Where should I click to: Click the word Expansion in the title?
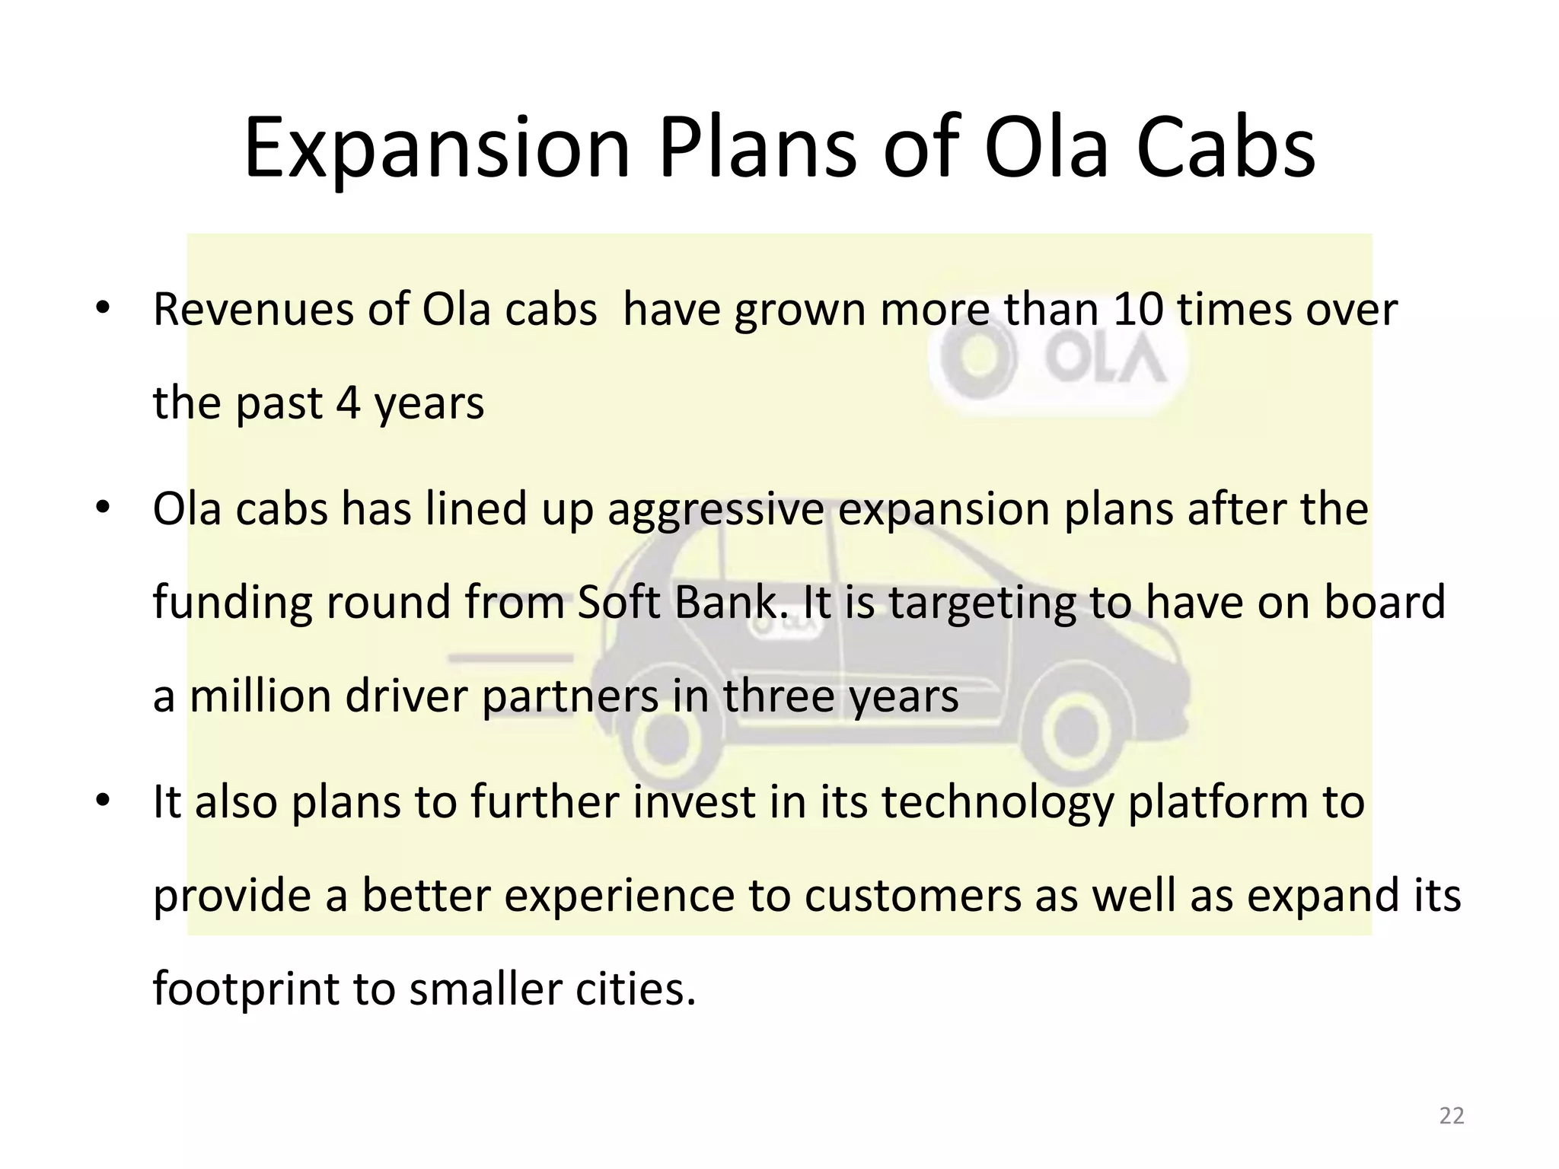437,148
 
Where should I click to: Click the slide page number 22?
1452,1116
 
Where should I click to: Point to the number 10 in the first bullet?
1139,311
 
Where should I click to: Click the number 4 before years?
348,403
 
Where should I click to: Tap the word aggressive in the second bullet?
716,510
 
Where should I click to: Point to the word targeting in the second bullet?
982,603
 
